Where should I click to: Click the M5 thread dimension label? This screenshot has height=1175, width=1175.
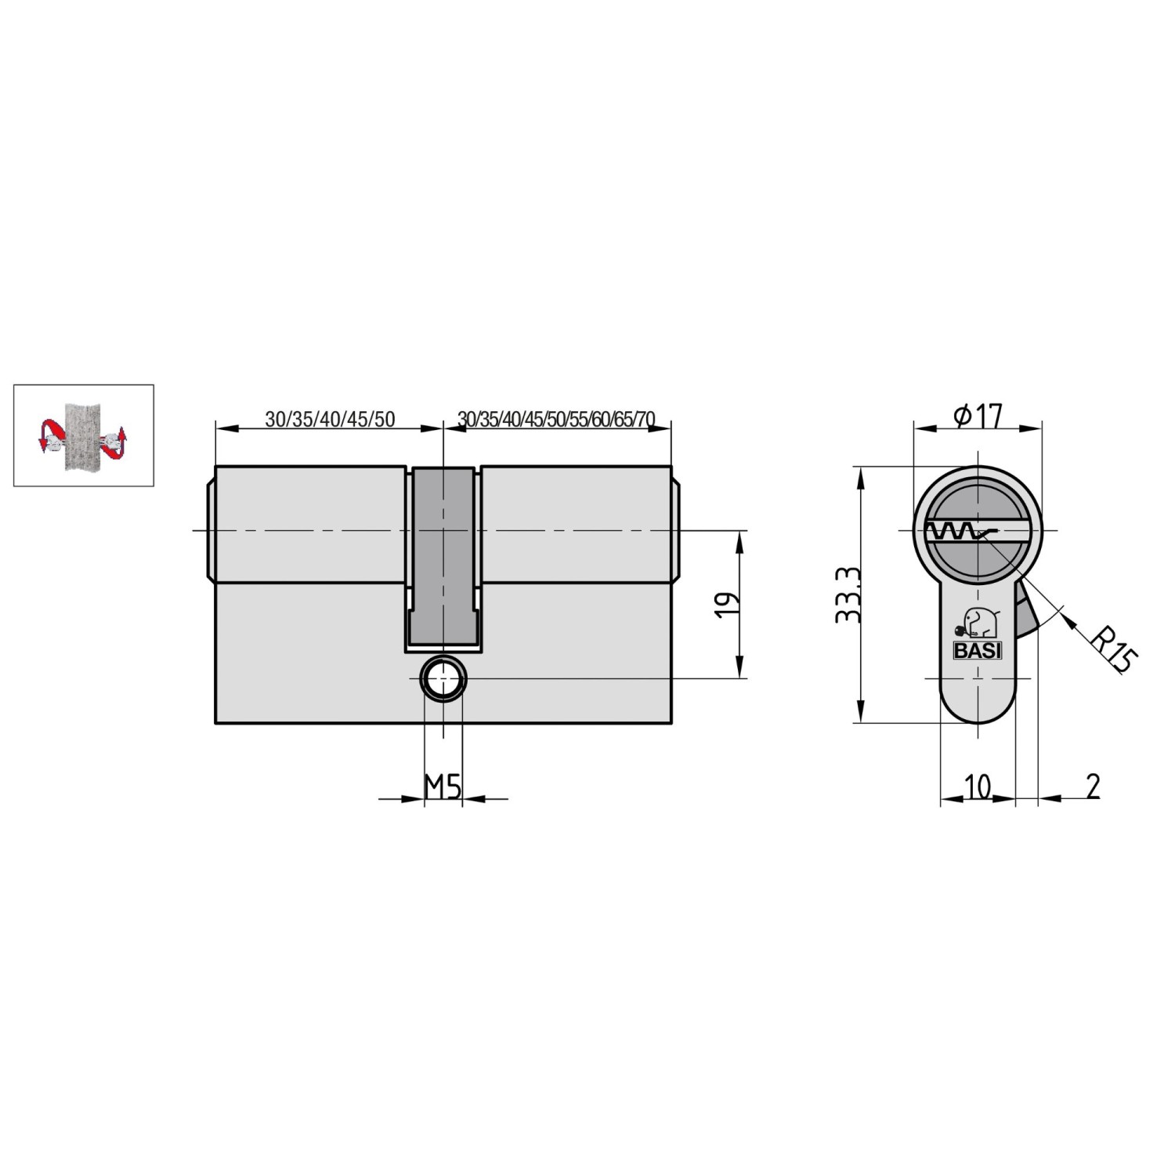click(x=443, y=786)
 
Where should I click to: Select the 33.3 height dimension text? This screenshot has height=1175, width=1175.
click(x=848, y=595)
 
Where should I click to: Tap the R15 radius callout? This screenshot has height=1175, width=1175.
click(x=1113, y=649)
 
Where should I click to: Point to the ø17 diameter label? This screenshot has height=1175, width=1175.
click(x=978, y=415)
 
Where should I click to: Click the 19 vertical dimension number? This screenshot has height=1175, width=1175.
click(x=728, y=605)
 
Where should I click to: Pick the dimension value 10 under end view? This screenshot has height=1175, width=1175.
click(x=977, y=786)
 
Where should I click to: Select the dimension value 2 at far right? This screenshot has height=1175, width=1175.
click(x=1093, y=786)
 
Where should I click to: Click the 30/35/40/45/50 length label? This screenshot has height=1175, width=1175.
click(x=330, y=419)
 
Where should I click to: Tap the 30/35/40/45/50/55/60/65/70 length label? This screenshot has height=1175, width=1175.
click(x=556, y=419)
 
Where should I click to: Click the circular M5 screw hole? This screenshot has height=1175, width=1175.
click(x=443, y=678)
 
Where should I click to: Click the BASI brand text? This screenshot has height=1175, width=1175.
click(x=977, y=650)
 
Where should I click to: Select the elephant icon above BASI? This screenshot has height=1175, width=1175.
click(x=975, y=624)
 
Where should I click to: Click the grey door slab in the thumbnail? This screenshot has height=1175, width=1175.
click(x=82, y=436)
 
